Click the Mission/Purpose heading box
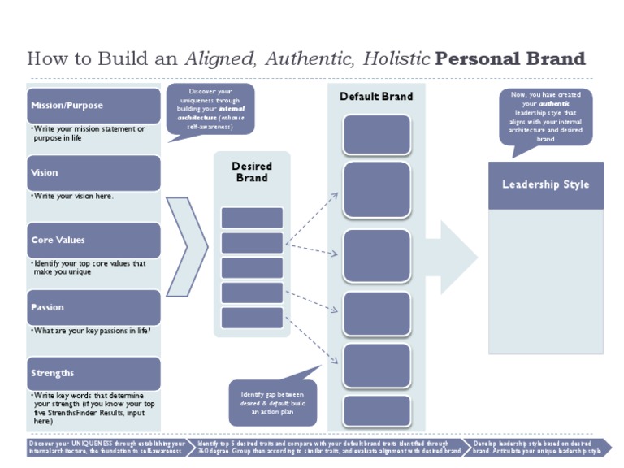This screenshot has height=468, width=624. point(93,106)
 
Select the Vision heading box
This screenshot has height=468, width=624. point(93,173)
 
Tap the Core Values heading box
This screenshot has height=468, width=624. point(93,240)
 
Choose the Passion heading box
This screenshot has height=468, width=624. point(93,308)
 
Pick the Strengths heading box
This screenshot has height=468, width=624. point(93,374)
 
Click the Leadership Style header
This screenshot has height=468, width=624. point(545,184)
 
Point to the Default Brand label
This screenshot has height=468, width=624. point(375,97)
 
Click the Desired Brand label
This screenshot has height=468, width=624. point(252,172)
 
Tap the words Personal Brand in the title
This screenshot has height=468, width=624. point(510,59)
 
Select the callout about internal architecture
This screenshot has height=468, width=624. point(210,109)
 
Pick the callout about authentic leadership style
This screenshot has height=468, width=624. point(545,117)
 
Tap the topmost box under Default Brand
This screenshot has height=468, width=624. point(376,135)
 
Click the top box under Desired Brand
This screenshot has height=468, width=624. point(252,218)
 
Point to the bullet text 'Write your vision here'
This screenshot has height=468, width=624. point(73,197)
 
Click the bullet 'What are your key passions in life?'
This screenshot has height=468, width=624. point(91,331)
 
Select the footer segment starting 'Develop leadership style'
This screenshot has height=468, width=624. point(538,446)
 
